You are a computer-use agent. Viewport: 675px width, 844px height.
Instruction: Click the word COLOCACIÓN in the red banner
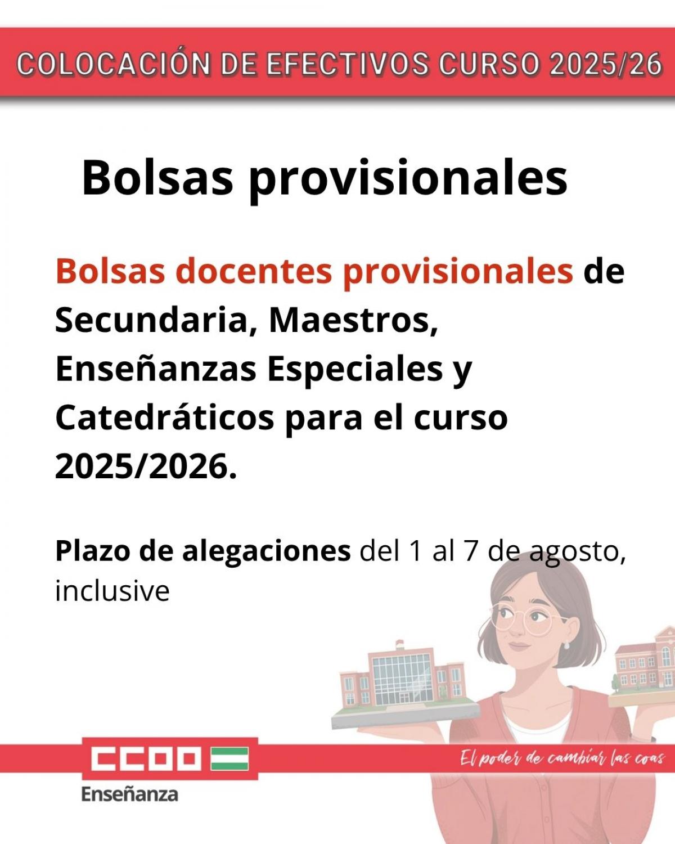114,64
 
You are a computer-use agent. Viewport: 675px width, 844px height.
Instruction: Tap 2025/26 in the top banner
606,64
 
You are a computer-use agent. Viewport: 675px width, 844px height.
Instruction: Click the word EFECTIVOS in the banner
348,64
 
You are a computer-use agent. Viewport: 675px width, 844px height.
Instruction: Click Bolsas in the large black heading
157,177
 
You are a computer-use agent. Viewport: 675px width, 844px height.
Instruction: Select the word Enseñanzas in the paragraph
156,370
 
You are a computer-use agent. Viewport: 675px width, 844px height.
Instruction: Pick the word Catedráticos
165,417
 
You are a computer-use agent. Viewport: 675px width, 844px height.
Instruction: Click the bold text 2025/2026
146,467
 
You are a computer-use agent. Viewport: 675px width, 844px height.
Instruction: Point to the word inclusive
112,591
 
